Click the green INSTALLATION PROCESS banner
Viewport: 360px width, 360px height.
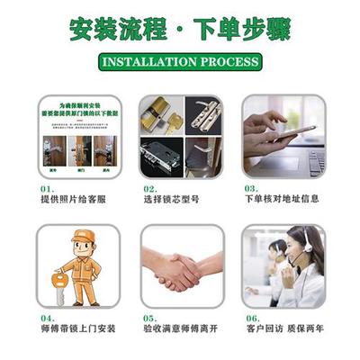click(x=180, y=63)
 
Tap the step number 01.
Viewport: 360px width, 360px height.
click(x=48, y=188)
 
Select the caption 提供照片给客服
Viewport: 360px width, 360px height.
click(x=72, y=199)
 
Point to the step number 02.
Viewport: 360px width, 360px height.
click(x=151, y=188)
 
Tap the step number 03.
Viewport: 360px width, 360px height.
click(x=252, y=188)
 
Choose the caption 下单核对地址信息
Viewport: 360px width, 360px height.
click(x=282, y=199)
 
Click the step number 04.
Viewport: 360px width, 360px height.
click(x=48, y=318)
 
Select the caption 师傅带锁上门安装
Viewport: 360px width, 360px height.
click(x=77, y=329)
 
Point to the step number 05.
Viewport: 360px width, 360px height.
click(x=151, y=318)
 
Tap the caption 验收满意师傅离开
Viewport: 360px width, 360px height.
click(x=181, y=329)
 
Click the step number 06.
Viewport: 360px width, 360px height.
click(x=252, y=318)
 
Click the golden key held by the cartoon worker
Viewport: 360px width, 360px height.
click(x=60, y=282)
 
